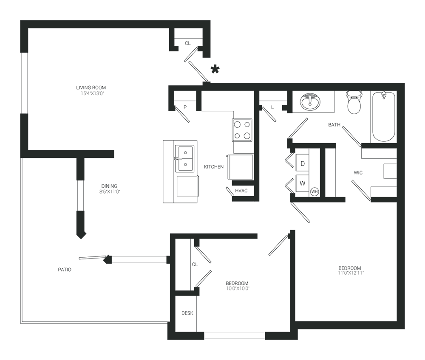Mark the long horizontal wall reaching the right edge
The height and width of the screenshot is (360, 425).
[289, 89]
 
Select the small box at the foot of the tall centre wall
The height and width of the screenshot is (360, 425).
[245, 187]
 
